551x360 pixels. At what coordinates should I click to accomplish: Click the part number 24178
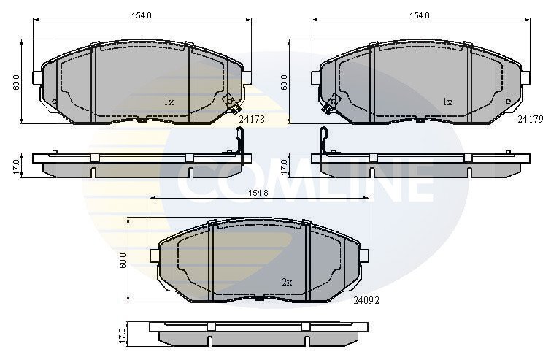point(252,120)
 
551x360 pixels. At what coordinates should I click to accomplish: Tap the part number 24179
point(531,120)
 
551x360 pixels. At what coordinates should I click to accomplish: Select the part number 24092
point(366,300)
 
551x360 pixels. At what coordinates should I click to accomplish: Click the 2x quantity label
point(287,282)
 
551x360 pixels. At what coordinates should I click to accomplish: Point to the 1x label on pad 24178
point(169,102)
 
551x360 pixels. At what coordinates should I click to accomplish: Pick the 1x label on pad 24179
point(447,102)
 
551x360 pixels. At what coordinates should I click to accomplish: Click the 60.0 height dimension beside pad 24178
point(16,83)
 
